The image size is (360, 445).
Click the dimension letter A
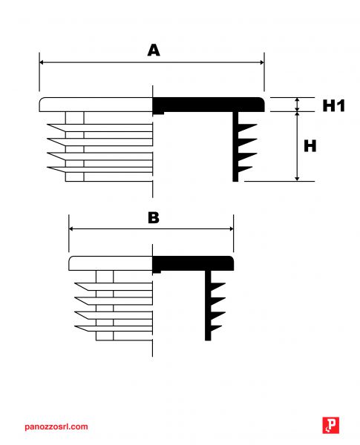pos(154,50)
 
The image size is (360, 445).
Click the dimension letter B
pos(154,217)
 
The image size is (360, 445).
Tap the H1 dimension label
pos(333,105)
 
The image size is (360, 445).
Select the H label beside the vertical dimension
pos(310,146)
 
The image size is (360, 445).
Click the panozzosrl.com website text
pos(56,426)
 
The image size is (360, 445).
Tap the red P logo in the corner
pos(331,425)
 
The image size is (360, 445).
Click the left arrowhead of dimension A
pos(42,62)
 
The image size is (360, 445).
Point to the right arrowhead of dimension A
pos(262,62)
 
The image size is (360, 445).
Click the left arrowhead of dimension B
pos(71,228)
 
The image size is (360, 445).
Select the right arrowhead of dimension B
pos(231,228)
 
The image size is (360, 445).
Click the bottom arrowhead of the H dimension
pos(297,179)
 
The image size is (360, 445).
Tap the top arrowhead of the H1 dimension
pos(297,100)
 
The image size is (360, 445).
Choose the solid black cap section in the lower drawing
pos(193,263)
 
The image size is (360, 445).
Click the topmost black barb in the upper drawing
pos(247,128)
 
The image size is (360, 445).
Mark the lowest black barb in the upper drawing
pos(245,169)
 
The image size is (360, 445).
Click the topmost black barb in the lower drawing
pos(217,286)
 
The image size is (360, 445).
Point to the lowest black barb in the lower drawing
pos(216,329)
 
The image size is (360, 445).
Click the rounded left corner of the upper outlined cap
pos(41,99)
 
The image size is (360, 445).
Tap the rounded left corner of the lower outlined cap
pos(71,258)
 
